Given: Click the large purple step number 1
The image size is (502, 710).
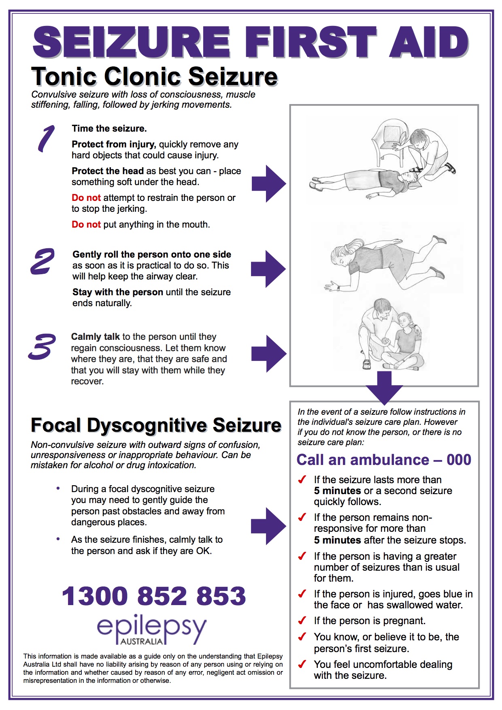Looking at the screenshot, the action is pyautogui.click(x=46, y=139).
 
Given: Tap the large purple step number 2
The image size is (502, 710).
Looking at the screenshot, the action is pyautogui.click(x=42, y=262).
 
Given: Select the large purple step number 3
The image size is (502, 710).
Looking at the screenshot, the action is pyautogui.click(x=42, y=347).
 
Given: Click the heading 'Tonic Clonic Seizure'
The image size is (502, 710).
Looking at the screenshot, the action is pyautogui.click(x=154, y=77).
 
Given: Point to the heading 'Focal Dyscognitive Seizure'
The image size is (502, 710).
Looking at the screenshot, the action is pyautogui.click(x=156, y=425).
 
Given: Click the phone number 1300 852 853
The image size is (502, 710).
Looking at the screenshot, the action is pyautogui.click(x=154, y=596).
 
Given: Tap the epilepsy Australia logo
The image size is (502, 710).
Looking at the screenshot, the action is pyautogui.click(x=151, y=630).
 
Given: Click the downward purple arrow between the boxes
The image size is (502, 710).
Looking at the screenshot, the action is pyautogui.click(x=384, y=387).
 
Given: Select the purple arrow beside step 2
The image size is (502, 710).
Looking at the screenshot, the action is pyautogui.click(x=268, y=269).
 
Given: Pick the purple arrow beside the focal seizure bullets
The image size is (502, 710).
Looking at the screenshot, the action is pyautogui.click(x=268, y=526).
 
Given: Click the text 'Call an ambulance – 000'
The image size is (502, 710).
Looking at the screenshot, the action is pyautogui.click(x=384, y=460).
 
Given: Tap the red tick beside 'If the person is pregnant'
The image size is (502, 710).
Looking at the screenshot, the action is pyautogui.click(x=302, y=620).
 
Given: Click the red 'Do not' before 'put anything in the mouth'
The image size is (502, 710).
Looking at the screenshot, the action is pyautogui.click(x=86, y=224).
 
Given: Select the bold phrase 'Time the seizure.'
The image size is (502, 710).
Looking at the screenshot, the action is pyautogui.click(x=109, y=128).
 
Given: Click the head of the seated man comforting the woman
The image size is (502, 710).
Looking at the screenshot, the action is pyautogui.click(x=381, y=309).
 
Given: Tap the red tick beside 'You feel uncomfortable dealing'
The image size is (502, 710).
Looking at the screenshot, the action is pyautogui.click(x=302, y=664).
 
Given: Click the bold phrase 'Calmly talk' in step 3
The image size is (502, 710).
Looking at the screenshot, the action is pyautogui.click(x=95, y=337).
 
